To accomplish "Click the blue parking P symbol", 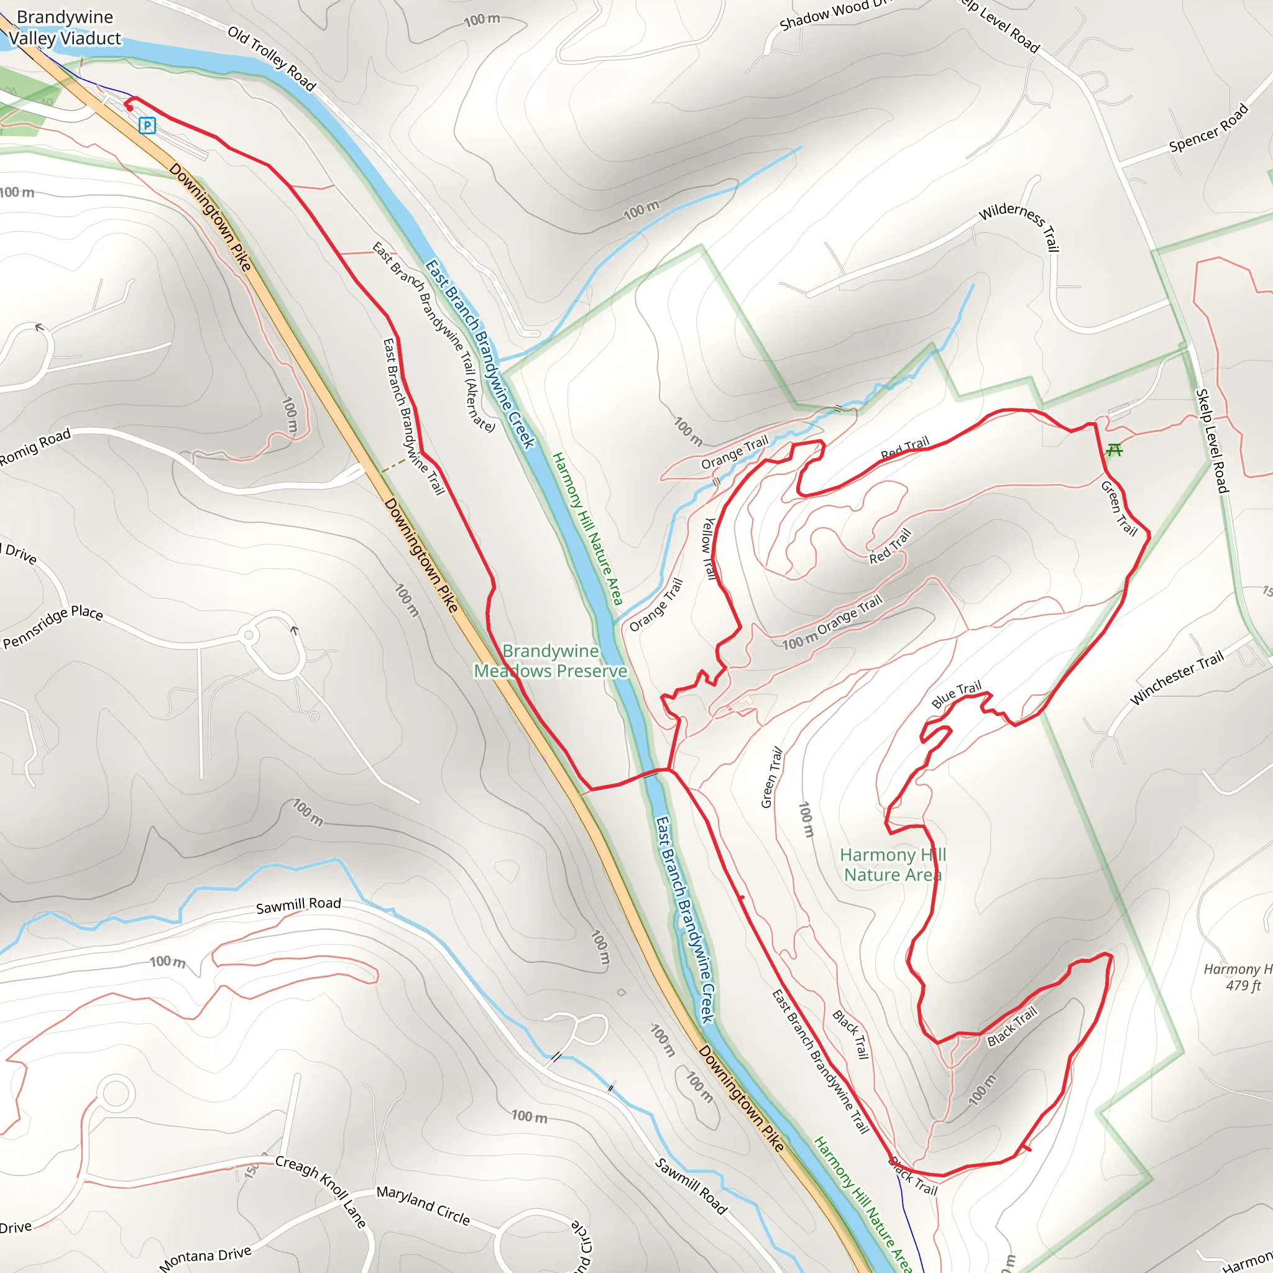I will click(147, 125).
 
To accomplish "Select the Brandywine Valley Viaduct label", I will click(65, 28).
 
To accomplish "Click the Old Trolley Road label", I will click(272, 58).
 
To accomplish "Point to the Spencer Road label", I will click(1208, 128).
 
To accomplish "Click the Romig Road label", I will click(34, 448).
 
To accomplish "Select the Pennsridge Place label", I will click(53, 627).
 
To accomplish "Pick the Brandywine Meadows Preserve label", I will click(550, 661).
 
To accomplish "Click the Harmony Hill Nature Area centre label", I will click(893, 865).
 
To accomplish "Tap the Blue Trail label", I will click(956, 694).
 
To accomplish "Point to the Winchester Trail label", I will click(1177, 678).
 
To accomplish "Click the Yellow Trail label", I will click(709, 549).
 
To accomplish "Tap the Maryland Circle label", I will click(423, 1205).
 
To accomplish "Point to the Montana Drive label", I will click(205, 1257).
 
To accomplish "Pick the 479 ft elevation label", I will click(1243, 986).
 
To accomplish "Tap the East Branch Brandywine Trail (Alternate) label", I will click(434, 336).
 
